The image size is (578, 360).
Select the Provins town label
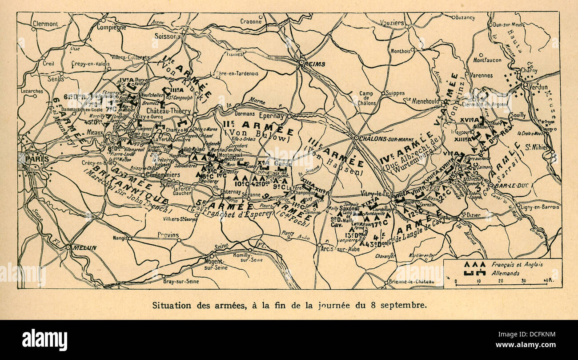coord(168,235)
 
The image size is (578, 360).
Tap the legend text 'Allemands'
coord(505,273)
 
